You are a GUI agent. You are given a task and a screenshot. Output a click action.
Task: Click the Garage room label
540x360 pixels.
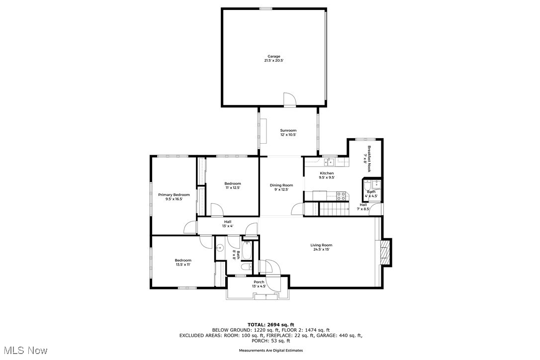pyautogui.click(x=273, y=56)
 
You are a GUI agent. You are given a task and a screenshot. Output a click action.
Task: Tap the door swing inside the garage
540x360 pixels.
pyautogui.click(x=290, y=99)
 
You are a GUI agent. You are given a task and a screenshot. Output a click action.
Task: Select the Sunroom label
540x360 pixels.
pyautogui.click(x=288, y=130)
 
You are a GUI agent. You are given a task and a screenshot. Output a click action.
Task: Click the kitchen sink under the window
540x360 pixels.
pyautogui.click(x=328, y=161)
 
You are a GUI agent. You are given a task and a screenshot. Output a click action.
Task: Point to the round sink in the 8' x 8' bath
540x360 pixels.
pyautogui.click(x=220, y=247)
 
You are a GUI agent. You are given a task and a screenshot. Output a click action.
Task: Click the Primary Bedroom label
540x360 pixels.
pyautogui.click(x=174, y=194)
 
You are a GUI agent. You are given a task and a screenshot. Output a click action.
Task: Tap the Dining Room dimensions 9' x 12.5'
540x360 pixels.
pyautogui.click(x=281, y=189)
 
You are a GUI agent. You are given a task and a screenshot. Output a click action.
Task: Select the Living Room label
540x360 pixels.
pyautogui.click(x=321, y=245)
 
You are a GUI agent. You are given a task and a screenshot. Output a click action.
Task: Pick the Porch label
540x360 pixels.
pyautogui.click(x=259, y=282)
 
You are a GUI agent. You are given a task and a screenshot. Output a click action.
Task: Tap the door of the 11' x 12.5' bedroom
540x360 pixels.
pyautogui.click(x=216, y=211)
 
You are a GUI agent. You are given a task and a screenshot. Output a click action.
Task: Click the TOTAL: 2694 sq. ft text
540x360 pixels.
pyautogui.click(x=271, y=324)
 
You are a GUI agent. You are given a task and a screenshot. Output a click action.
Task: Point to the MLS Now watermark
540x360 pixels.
pyautogui.click(x=24, y=351)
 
